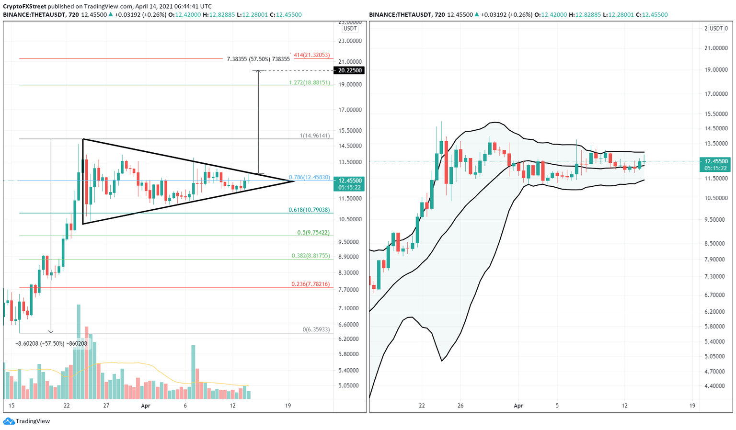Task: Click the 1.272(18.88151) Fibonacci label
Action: click(309, 82)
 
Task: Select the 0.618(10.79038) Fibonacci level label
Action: click(309, 210)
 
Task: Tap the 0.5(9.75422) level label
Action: click(313, 233)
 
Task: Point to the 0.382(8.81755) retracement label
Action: click(310, 256)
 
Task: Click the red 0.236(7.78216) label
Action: click(310, 284)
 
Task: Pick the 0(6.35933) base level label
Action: click(316, 329)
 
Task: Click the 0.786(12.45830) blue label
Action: click(309, 178)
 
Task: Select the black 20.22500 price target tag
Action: click(350, 70)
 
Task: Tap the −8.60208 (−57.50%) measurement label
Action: click(51, 343)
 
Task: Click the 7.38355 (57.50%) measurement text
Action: click(258, 59)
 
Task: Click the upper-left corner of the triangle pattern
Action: click(83, 139)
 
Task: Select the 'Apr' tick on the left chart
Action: click(146, 406)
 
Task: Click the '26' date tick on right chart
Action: click(460, 406)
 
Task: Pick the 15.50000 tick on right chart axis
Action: click(713, 114)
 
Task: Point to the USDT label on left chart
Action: click(350, 29)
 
